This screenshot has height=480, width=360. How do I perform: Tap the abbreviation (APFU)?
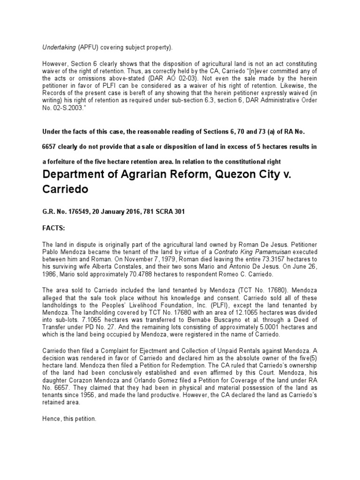click(x=88, y=47)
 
